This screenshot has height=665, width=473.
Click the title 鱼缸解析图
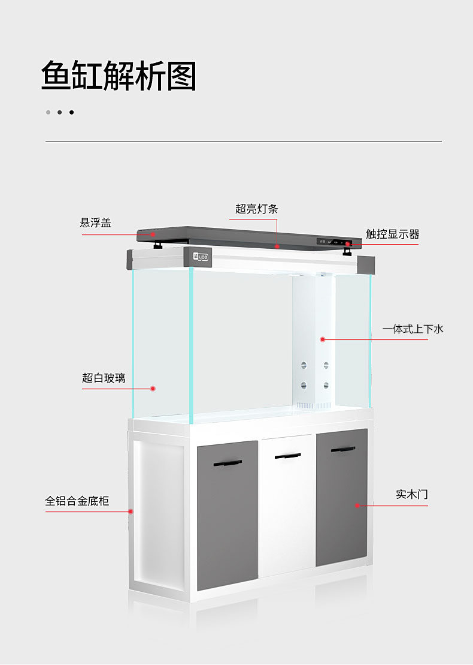(119, 76)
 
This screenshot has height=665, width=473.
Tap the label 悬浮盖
(96, 223)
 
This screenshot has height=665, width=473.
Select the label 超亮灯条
(256, 209)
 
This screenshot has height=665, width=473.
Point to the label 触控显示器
(392, 234)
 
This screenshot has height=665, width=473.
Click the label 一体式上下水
(413, 329)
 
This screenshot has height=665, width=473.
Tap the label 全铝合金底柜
(77, 501)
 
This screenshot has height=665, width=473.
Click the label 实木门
(412, 495)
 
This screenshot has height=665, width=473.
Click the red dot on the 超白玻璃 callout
(153, 389)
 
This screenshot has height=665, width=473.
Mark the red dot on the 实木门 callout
(357, 505)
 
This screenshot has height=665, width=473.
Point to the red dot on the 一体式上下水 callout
(322, 339)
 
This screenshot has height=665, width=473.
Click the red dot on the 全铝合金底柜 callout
(131, 511)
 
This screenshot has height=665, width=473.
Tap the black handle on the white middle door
(288, 457)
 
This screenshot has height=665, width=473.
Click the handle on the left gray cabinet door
(228, 464)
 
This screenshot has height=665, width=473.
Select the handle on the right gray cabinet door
(343, 449)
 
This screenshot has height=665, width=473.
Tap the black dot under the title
(72, 112)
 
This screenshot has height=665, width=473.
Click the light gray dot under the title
(48, 112)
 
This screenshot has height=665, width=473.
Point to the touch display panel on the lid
(335, 243)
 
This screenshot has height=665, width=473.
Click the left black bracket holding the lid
(158, 245)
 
